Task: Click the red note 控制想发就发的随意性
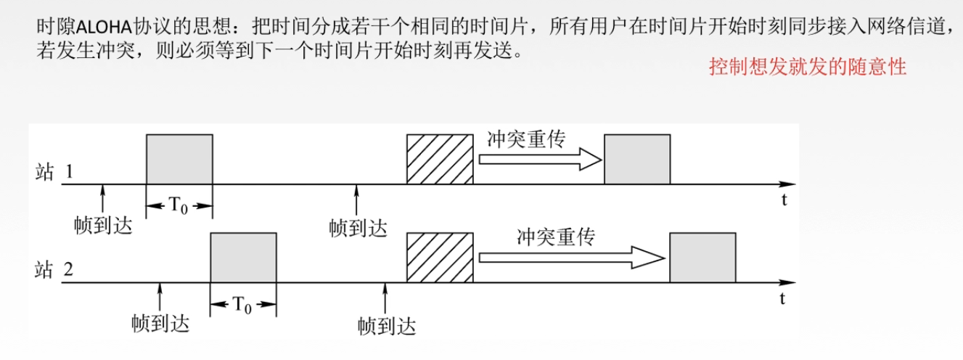coord(808,67)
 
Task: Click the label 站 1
coord(54,173)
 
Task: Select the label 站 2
coord(54,271)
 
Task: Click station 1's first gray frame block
coord(180,160)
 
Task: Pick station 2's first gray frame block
coord(243,258)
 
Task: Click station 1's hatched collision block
coord(440,160)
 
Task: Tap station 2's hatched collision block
coord(440,258)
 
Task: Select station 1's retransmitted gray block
coord(637,160)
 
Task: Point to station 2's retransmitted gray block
coord(702,258)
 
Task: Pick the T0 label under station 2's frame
coord(242,305)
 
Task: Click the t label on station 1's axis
coord(784,202)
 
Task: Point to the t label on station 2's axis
coord(784,298)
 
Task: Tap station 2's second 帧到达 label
coord(387,326)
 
